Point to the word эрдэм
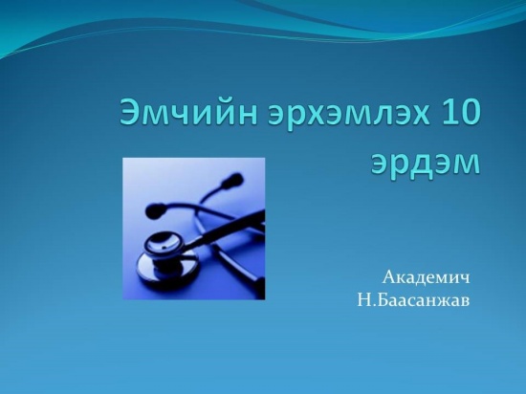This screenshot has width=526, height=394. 426,164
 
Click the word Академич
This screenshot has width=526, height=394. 426,278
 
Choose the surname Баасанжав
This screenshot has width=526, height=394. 426,300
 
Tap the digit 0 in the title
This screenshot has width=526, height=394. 468,111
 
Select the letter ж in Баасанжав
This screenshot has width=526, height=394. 444,302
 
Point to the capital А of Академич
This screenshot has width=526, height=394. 389,277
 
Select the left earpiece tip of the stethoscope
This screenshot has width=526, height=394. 152,211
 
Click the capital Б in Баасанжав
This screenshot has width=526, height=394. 386,300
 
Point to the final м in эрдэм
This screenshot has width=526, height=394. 468,164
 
